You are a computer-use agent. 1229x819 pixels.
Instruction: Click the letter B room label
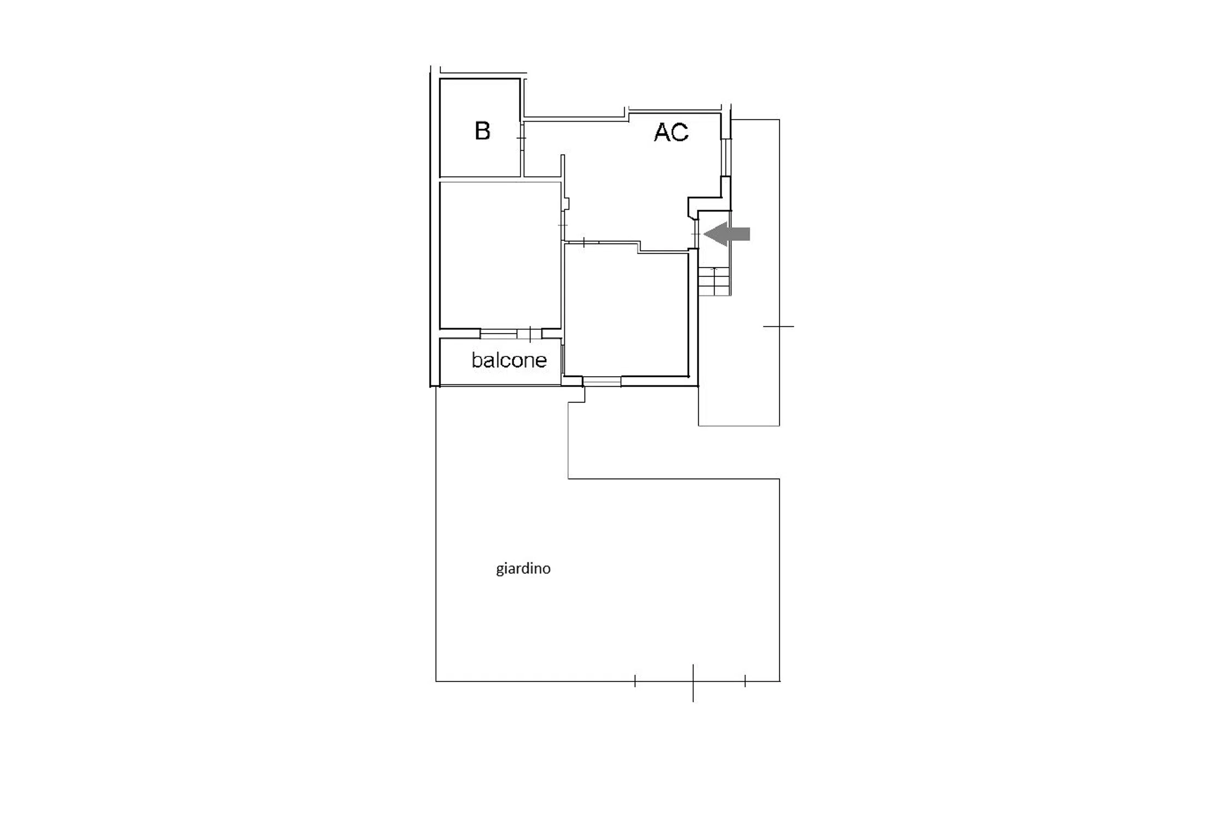[x=482, y=131]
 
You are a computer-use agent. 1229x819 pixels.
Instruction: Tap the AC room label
[x=671, y=132]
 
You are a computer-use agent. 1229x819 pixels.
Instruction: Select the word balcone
[x=509, y=360]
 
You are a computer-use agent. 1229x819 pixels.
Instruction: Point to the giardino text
[x=523, y=569]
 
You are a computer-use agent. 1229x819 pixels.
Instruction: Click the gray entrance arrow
[x=726, y=234]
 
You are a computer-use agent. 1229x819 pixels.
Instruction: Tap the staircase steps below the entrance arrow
[x=714, y=281]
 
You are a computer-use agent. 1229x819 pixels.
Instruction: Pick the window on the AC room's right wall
[x=726, y=157]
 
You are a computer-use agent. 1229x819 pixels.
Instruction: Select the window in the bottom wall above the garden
[x=601, y=382]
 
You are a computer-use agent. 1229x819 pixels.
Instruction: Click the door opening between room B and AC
[x=522, y=138]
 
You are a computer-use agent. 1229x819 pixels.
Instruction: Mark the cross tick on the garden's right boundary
[x=779, y=327]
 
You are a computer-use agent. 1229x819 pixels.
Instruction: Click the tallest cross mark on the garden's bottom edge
[x=693, y=682]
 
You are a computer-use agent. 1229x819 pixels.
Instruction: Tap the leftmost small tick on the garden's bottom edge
[x=635, y=681]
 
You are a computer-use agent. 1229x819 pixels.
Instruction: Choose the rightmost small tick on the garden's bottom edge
[x=745, y=681]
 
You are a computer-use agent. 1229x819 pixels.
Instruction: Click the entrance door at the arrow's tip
[x=696, y=234]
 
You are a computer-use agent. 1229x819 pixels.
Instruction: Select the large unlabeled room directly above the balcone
[x=500, y=255]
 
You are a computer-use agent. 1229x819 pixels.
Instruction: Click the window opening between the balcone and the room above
[x=511, y=334]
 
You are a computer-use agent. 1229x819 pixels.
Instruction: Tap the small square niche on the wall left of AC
[x=566, y=203]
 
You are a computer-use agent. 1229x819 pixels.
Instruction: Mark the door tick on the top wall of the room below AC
[x=584, y=242]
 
